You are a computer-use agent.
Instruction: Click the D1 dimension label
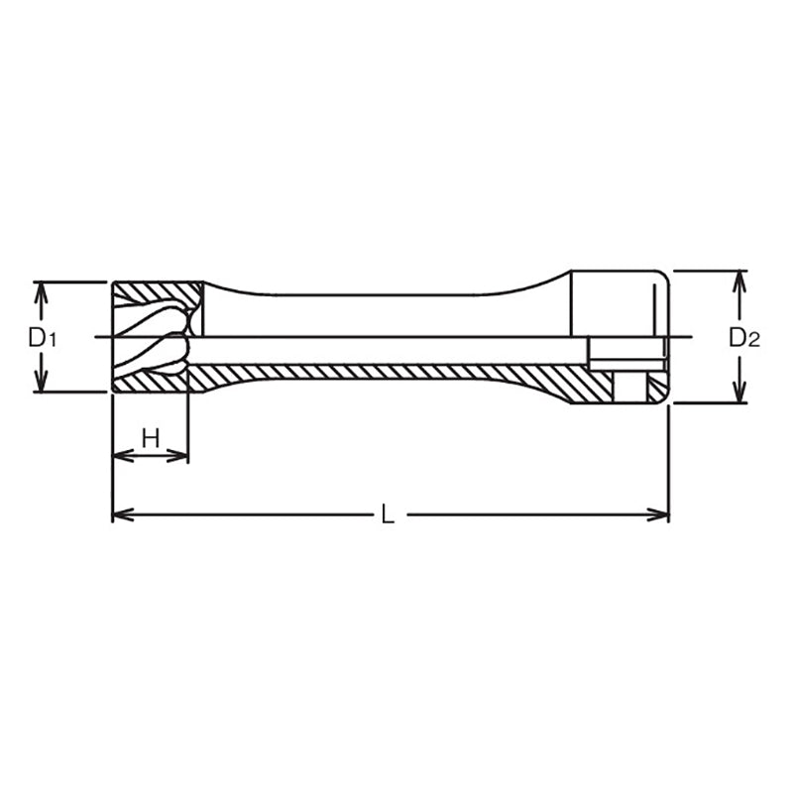click(42, 337)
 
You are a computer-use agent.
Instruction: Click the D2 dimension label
click(743, 337)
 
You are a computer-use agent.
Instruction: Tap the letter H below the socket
click(151, 437)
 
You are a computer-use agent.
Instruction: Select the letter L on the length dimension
click(389, 514)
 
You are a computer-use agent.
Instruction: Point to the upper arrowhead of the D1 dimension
click(41, 289)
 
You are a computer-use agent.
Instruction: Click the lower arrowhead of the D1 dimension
click(41, 384)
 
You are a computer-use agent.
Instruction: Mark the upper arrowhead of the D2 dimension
click(739, 278)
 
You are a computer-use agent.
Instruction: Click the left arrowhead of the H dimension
click(120, 456)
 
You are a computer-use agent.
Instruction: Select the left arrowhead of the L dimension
click(120, 514)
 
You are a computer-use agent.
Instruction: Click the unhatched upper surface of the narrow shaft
click(377, 315)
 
